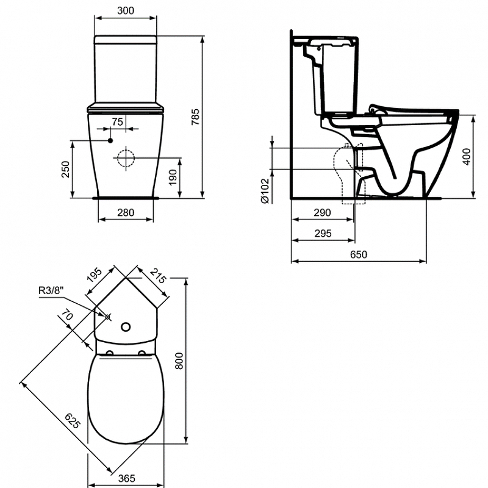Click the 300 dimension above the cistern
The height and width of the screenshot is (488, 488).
click(126, 10)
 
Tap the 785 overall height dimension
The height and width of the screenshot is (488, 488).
click(195, 117)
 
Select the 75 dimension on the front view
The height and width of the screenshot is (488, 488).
click(118, 121)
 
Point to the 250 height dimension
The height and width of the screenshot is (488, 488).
click(66, 170)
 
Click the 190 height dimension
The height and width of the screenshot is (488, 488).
click(173, 177)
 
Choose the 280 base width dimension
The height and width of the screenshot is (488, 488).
click(126, 212)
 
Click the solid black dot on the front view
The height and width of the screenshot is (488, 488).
click(110, 141)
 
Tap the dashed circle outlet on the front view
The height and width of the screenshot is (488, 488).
click(126, 158)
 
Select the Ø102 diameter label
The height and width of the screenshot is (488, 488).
click(265, 190)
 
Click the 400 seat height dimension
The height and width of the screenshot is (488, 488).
click(467, 157)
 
